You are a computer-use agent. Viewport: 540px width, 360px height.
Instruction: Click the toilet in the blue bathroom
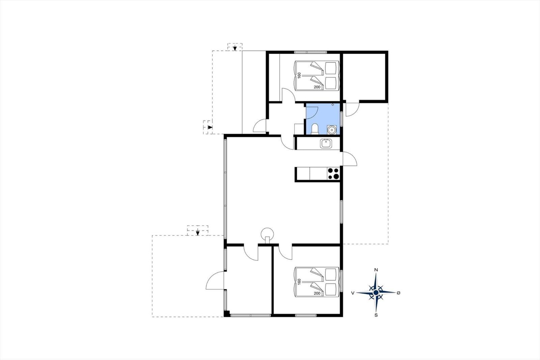[x=315, y=129]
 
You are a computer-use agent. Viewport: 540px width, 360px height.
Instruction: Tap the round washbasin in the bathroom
[x=332, y=130]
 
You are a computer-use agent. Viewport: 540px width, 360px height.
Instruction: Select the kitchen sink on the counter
[x=326, y=144]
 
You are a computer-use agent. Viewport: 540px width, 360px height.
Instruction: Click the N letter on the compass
[x=376, y=270]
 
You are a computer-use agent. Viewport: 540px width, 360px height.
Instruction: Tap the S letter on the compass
[x=376, y=315]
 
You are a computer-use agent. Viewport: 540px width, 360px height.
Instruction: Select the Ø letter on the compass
[x=398, y=293]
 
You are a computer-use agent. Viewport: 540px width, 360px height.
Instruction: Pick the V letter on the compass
[x=353, y=293]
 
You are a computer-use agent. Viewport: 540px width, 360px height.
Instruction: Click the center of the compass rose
[x=376, y=293]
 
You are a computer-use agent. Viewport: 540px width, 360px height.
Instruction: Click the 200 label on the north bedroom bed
[x=317, y=87]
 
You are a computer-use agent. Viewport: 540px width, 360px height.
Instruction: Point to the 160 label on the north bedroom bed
[x=299, y=75]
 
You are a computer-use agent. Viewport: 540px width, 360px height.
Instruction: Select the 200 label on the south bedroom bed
[x=317, y=293]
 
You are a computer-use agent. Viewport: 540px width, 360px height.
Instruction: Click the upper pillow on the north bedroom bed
[x=331, y=68]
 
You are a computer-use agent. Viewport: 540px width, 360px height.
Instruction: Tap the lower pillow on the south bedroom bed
[x=331, y=289]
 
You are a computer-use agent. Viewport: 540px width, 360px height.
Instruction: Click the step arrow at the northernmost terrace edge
[x=235, y=49]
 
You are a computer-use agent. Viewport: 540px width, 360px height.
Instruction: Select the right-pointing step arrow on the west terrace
[x=210, y=127]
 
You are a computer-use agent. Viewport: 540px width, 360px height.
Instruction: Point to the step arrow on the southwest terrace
[x=198, y=233]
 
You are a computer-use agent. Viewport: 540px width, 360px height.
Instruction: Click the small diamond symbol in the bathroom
[x=333, y=105]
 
